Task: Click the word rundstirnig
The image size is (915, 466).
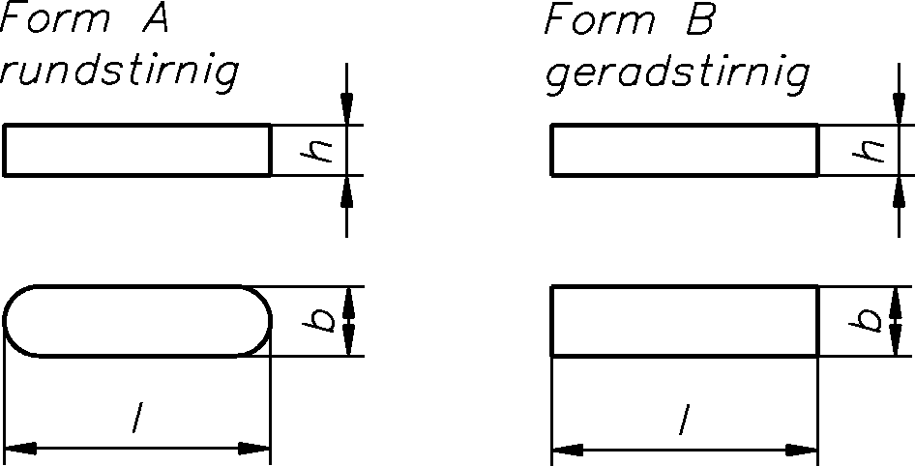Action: pos(118,74)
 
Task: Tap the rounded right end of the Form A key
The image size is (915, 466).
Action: pos(258,321)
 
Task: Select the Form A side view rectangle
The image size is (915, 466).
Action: pos(136,150)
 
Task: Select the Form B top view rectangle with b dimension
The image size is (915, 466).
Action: pos(685,321)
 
